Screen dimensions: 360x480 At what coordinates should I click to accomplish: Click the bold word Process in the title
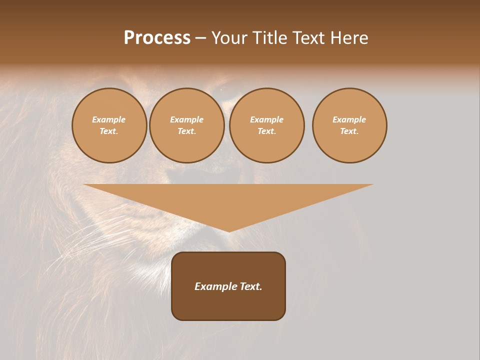click(157, 38)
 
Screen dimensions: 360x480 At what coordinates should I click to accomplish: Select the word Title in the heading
click(270, 38)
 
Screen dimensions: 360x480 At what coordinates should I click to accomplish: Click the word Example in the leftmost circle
click(109, 119)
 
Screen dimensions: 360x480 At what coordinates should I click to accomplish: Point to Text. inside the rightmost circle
click(349, 131)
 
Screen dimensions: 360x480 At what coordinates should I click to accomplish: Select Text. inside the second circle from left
click(187, 131)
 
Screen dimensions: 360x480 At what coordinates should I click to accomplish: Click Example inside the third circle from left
click(267, 119)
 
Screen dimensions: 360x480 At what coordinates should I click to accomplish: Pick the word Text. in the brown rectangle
click(250, 286)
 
